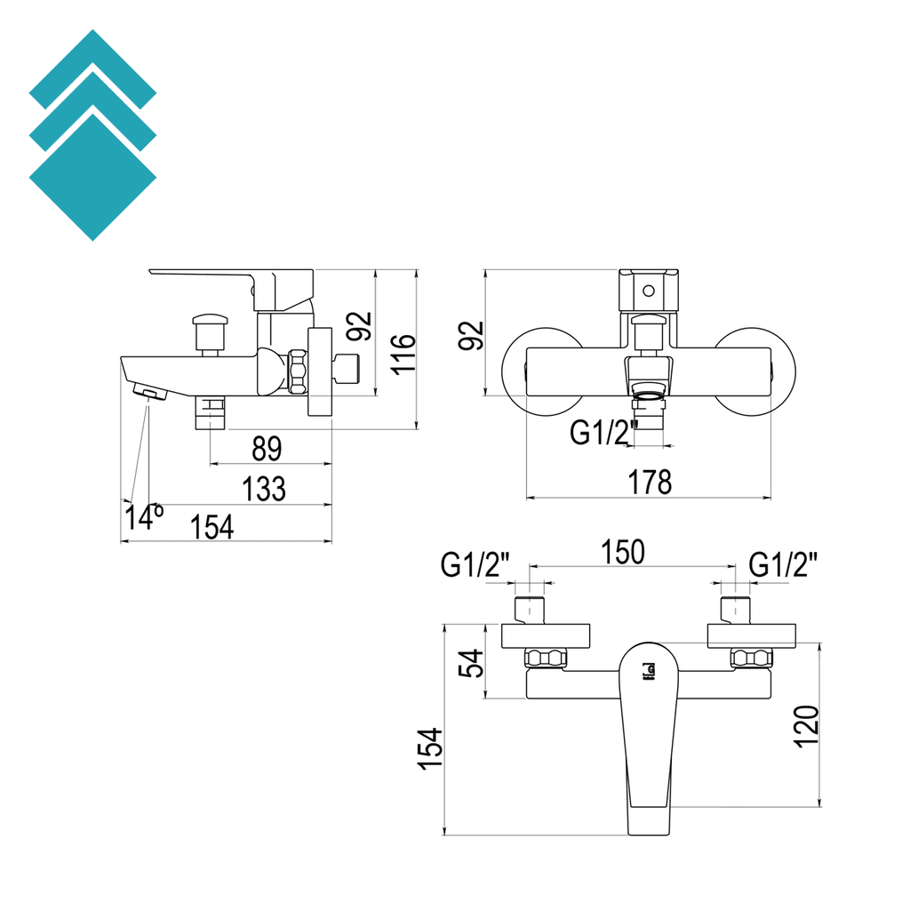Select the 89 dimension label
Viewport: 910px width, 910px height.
(267, 449)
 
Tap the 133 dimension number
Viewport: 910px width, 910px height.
(265, 488)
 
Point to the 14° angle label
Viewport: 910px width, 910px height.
(144, 516)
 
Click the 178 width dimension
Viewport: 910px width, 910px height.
(649, 483)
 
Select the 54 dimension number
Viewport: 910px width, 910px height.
(473, 662)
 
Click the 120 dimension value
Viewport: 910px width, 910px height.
(805, 726)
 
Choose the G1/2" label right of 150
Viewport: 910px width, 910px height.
(783, 564)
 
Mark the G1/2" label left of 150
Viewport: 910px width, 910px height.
(475, 564)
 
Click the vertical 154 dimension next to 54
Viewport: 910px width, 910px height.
(430, 748)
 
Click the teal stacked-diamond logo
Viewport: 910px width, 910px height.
(92, 135)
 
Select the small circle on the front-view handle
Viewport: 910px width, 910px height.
(648, 290)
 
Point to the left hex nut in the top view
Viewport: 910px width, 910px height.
(546, 659)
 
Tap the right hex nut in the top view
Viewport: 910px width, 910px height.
(752, 659)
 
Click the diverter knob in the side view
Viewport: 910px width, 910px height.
(210, 331)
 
